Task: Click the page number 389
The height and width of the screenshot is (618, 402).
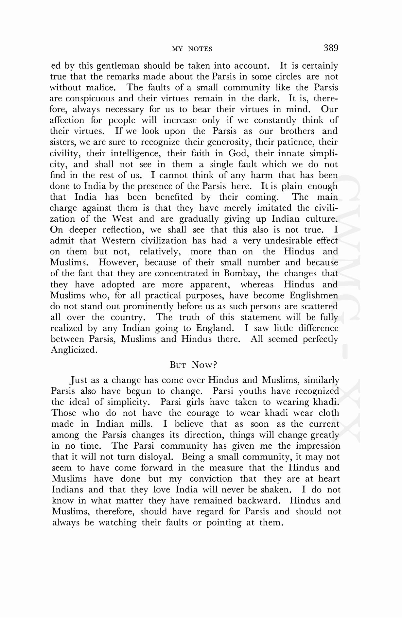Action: pyautogui.click(x=331, y=48)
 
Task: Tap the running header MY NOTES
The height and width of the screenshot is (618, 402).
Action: pyautogui.click(x=192, y=49)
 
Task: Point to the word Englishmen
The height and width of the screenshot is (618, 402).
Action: pyautogui.click(x=313, y=296)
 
